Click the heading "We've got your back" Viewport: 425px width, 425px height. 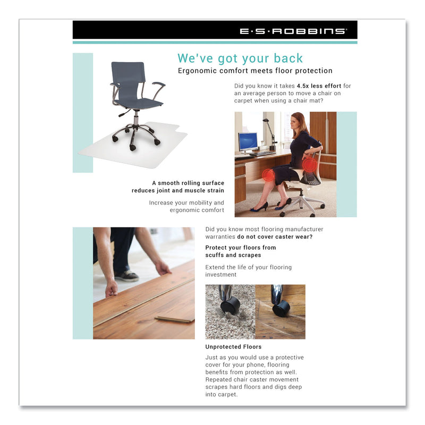pos(240,58)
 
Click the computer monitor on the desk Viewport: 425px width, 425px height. pos(248,142)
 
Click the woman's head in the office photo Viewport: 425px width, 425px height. pos(299,122)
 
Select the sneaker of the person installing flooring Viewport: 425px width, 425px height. pos(127,276)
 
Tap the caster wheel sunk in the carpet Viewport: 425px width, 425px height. pos(230,305)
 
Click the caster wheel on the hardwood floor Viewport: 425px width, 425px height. pos(280,308)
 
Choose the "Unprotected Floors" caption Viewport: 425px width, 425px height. pos(233,347)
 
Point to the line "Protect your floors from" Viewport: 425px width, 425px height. pos(241,248)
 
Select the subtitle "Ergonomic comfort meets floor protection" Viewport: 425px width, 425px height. pos(255,71)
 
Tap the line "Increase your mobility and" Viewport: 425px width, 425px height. pos(186,202)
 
